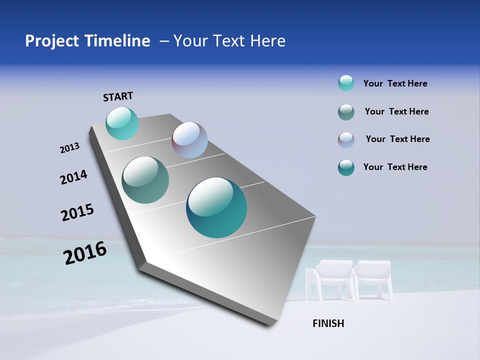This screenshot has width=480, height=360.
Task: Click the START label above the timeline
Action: pyautogui.click(x=118, y=96)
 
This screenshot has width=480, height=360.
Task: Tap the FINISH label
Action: pyautogui.click(x=328, y=323)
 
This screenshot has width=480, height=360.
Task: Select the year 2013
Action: pyautogui.click(x=69, y=148)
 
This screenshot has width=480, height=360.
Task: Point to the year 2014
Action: pyautogui.click(x=73, y=177)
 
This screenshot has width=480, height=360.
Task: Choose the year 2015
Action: pyautogui.click(x=77, y=212)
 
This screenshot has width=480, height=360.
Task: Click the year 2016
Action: pyautogui.click(x=85, y=253)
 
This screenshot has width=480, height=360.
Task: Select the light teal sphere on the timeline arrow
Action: pyautogui.click(x=122, y=123)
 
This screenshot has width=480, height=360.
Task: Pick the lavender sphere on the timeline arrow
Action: pyautogui.click(x=189, y=140)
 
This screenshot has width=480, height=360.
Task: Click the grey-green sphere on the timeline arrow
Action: pyautogui.click(x=145, y=180)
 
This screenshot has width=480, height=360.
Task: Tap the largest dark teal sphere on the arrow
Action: pyautogui.click(x=216, y=207)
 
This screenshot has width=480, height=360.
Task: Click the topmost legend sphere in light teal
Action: pyautogui.click(x=346, y=83)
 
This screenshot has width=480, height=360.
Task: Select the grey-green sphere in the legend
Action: pyautogui.click(x=346, y=112)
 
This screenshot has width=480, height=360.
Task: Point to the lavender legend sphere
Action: pyautogui.click(x=346, y=140)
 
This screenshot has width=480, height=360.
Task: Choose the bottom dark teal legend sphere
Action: pyautogui.click(x=346, y=167)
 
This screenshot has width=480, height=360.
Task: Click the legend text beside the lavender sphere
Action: pyautogui.click(x=397, y=139)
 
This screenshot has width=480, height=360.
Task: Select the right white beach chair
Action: pyautogui.click(x=373, y=279)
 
